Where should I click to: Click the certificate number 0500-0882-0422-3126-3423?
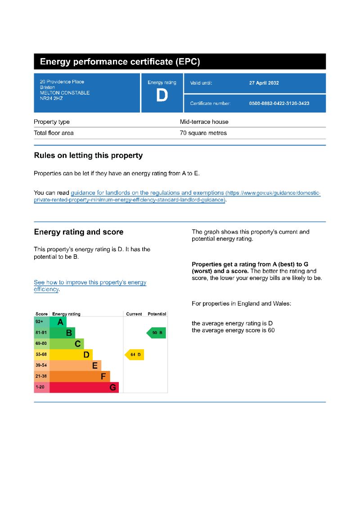point(279,104)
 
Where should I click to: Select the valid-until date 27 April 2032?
point(264,83)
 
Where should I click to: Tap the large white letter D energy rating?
point(162,95)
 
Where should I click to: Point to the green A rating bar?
point(58,322)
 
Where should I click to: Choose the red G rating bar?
point(84,387)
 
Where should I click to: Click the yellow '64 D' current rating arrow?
point(135,355)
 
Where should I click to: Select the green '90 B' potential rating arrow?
point(156,333)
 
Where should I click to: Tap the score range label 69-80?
point(41,343)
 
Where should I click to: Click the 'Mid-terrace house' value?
point(204,122)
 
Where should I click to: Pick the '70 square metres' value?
point(203,133)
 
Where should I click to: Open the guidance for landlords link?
point(147,193)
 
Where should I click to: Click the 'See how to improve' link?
point(90,283)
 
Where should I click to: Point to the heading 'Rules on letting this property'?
point(88,156)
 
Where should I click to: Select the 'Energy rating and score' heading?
point(79,232)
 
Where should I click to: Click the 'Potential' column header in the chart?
point(157,314)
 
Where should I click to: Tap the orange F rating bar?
point(80,376)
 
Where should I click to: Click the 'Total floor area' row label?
point(54,133)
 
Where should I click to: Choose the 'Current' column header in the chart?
point(134,314)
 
